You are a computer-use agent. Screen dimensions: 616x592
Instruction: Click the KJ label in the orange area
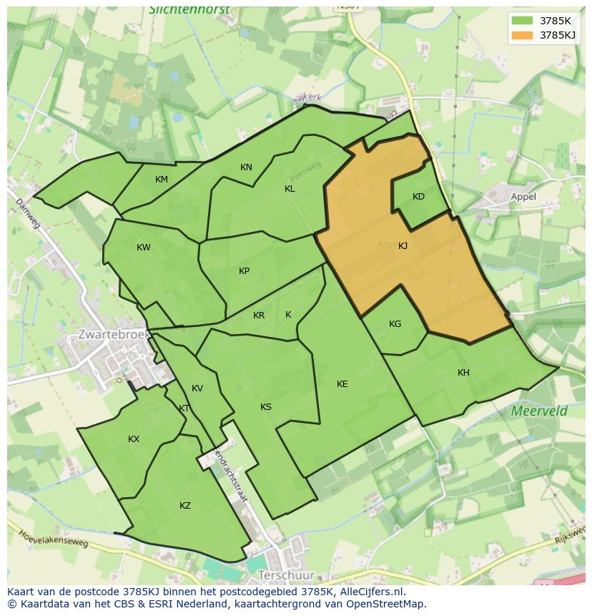[403, 246]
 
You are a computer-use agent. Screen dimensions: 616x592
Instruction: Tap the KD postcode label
[418, 197]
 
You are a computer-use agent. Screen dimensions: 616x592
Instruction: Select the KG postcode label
[395, 324]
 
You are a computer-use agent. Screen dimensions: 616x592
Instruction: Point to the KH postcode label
[463, 373]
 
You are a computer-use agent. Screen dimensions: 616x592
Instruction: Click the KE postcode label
[342, 384]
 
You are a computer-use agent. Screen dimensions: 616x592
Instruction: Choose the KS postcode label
[265, 407]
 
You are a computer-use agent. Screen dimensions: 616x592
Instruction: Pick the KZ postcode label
[185, 506]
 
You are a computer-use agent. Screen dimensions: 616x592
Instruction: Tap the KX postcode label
[134, 439]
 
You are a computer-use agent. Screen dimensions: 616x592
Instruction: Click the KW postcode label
[144, 248]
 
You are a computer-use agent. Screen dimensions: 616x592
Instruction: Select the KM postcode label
[162, 180]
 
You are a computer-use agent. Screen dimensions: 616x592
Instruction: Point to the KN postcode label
[246, 167]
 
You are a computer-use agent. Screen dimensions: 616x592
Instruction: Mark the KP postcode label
[244, 271]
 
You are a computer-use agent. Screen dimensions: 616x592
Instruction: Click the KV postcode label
[197, 388]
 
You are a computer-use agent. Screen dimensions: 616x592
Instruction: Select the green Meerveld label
[539, 411]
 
